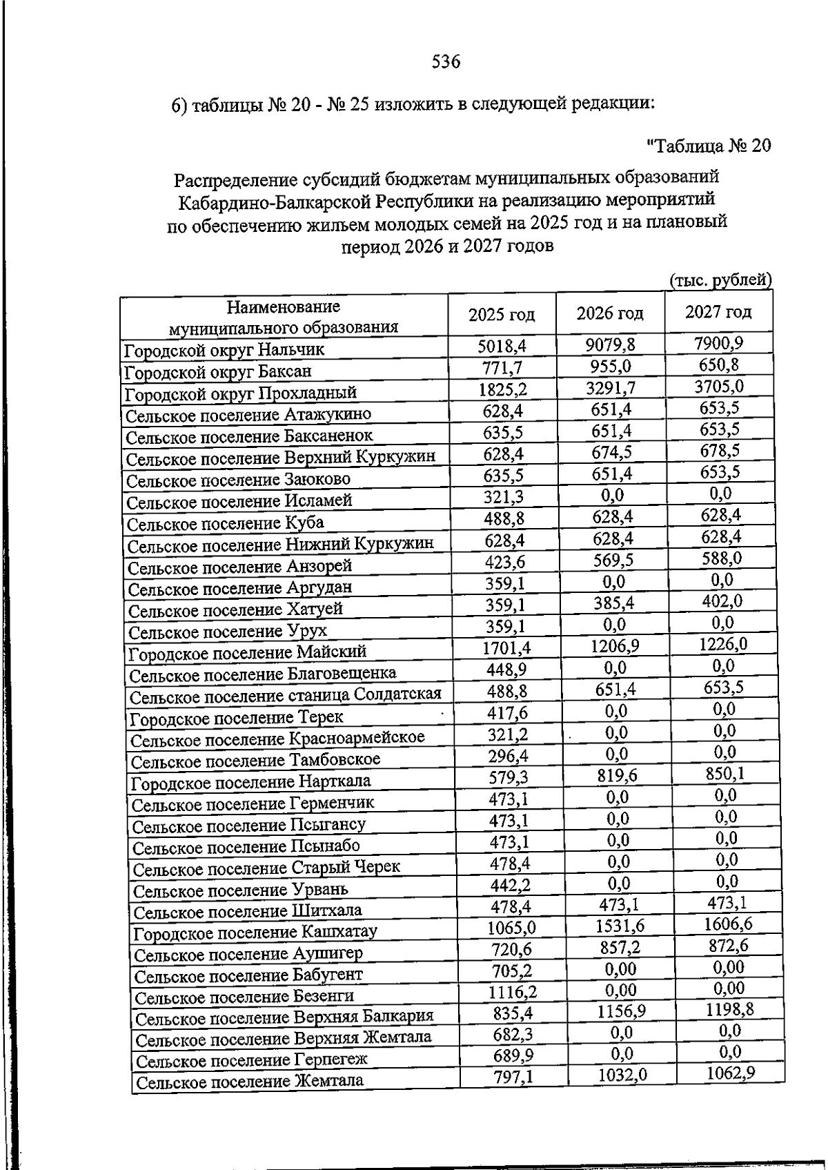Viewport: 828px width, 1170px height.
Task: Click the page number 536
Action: [x=446, y=62]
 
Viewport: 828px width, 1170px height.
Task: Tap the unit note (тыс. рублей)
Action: [x=720, y=280]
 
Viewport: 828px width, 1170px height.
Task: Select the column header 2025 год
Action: [x=502, y=315]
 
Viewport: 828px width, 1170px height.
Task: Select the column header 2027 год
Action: [x=718, y=312]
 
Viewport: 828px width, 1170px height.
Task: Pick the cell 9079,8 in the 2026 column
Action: [x=611, y=344]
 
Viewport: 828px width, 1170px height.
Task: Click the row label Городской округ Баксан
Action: [x=217, y=371]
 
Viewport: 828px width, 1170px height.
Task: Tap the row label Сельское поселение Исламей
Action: [x=239, y=500]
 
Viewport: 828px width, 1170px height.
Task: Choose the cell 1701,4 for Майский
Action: [x=507, y=647]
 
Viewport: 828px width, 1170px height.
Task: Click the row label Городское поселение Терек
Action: [x=237, y=717]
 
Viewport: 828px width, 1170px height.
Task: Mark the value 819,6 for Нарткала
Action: [x=617, y=776]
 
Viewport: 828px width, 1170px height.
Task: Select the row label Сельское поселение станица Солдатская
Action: [x=285, y=694]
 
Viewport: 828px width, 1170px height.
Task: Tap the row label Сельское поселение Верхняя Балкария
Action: [x=284, y=1017]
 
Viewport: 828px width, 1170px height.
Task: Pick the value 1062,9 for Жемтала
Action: [x=731, y=1073]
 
